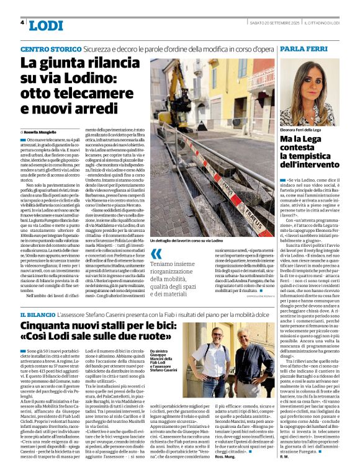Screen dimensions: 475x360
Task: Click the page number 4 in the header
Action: point(22,23)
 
